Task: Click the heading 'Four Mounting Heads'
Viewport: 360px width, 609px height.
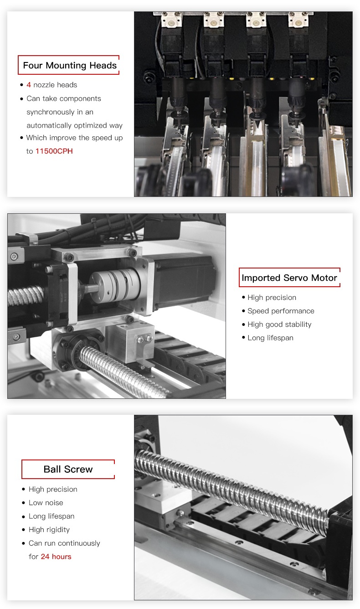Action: pos(70,65)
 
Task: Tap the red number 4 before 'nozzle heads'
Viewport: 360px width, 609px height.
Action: pos(29,85)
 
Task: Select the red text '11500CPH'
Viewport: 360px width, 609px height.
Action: pos(54,151)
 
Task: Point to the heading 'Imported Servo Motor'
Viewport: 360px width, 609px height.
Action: pos(289,278)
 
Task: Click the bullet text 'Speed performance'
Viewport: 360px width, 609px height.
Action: pos(281,311)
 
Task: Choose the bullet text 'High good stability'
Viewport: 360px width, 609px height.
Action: pos(279,325)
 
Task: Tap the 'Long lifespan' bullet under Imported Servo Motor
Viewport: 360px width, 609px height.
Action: pos(270,338)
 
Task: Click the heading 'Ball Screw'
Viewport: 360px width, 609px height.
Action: pos(68,469)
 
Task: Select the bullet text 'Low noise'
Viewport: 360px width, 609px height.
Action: pos(46,503)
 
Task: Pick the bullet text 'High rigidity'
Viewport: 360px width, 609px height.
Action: pos(49,530)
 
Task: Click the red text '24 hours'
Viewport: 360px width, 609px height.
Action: pos(56,557)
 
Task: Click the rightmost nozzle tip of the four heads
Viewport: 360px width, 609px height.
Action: pos(296,114)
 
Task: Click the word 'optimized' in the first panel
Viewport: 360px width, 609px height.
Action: pos(91,126)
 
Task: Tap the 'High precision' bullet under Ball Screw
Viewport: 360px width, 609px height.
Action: pos(53,490)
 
